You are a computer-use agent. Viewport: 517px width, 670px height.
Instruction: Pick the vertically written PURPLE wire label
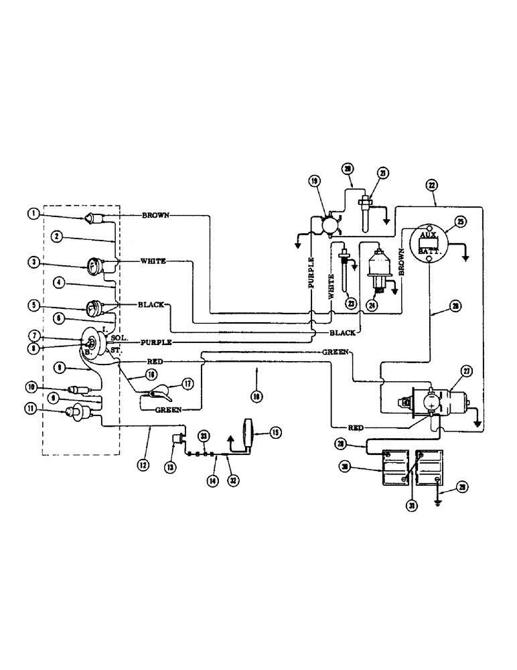coord(311,273)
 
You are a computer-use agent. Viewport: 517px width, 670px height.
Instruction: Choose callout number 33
coord(204,436)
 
